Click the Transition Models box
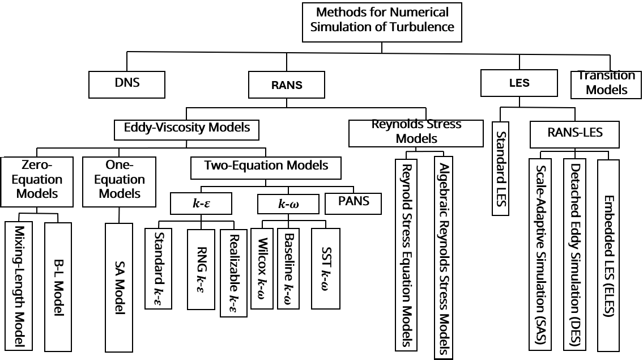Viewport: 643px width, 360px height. [607, 83]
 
